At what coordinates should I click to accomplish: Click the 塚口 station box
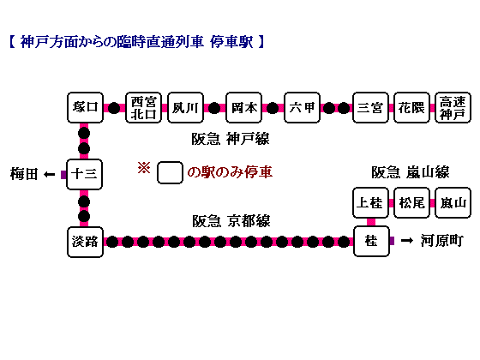click(x=85, y=107)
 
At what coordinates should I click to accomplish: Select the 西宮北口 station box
click(x=144, y=107)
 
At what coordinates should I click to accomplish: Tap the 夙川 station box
click(x=185, y=107)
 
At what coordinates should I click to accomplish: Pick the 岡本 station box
click(x=243, y=107)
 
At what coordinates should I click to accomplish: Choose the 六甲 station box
click(x=302, y=107)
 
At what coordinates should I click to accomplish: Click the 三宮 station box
click(x=370, y=107)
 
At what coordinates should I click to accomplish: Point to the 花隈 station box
click(x=411, y=107)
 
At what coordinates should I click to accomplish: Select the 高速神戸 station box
click(x=453, y=107)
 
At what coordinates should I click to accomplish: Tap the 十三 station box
click(x=85, y=174)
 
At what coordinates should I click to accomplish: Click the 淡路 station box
click(x=85, y=242)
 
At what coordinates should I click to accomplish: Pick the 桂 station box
click(x=371, y=241)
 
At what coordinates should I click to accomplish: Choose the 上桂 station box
click(x=370, y=202)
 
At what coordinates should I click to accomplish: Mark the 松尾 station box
click(x=411, y=202)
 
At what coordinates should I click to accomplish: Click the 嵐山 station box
click(x=453, y=202)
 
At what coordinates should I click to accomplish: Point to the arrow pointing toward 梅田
click(x=49, y=175)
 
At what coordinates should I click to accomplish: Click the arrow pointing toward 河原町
click(x=407, y=241)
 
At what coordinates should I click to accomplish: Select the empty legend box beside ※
click(x=170, y=172)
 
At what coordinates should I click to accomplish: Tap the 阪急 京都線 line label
click(x=231, y=221)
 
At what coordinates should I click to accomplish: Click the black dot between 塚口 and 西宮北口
click(x=114, y=108)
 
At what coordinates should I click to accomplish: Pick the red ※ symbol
click(x=144, y=168)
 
